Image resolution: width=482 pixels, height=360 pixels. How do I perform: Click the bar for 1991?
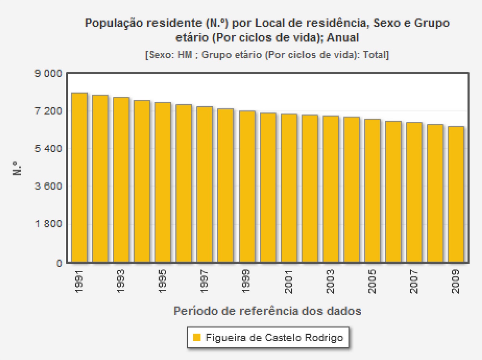tap(79, 178)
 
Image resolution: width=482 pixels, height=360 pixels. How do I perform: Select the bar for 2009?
tap(456, 194)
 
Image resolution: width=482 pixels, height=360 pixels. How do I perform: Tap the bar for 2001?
tap(289, 188)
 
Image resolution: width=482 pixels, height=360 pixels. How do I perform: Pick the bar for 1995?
tap(163, 182)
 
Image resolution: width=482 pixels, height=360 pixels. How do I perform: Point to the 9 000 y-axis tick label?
tap(48, 74)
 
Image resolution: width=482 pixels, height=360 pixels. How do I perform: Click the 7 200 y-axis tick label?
tap(48, 111)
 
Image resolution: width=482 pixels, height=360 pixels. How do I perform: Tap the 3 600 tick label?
tap(48, 186)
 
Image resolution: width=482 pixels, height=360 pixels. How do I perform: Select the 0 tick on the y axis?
tap(59, 263)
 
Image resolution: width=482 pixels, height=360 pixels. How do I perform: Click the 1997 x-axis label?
tap(204, 281)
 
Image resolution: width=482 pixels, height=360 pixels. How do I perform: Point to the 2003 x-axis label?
tap(330, 281)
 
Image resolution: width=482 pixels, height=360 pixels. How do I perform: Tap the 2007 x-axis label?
tap(414, 281)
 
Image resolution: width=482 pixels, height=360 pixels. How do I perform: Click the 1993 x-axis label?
tap(120, 281)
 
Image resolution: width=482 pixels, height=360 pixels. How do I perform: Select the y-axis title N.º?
tap(17, 168)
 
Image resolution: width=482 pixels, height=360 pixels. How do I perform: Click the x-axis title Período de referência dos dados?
tap(267, 311)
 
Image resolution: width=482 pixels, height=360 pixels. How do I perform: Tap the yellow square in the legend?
tap(196, 337)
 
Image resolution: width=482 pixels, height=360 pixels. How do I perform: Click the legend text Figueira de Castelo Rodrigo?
tap(274, 337)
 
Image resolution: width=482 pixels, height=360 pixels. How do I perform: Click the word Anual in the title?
tap(343, 38)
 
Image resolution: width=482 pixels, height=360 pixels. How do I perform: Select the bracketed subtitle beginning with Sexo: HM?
tap(267, 55)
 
